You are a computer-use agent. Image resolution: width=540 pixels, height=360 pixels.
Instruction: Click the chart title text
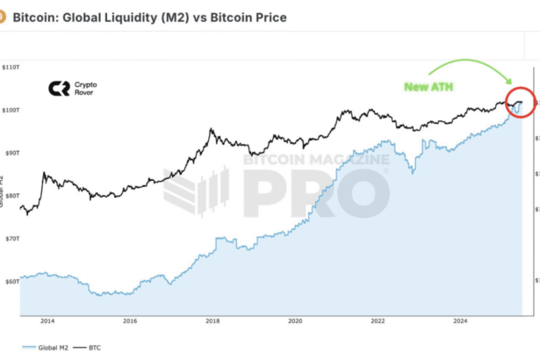coord(149,18)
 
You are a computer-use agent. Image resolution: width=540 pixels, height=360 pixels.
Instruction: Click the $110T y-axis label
coord(11,67)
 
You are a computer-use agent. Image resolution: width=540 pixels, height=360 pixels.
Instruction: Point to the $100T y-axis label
coord(11,110)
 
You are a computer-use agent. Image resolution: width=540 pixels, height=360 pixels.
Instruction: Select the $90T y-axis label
coord(11,153)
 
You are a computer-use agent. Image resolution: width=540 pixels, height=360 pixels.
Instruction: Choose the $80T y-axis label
coord(11,196)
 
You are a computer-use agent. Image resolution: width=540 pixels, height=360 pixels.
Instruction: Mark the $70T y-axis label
coord(11,239)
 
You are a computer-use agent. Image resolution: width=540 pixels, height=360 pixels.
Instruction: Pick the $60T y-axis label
coord(11,282)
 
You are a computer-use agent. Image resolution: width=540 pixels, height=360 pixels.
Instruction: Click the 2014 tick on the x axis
coord(47,321)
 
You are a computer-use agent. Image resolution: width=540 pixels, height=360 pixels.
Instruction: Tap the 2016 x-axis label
coord(130,321)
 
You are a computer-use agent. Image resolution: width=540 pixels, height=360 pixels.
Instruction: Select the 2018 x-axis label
coord(212,321)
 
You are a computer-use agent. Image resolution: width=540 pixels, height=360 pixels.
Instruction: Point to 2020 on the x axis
coord(295,321)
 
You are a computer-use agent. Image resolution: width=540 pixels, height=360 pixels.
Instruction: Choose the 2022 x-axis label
coord(378,321)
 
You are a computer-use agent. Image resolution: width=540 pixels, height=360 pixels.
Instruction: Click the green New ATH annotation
coord(428,87)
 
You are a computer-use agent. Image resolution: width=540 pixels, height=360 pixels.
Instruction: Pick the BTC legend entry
coord(90,349)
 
